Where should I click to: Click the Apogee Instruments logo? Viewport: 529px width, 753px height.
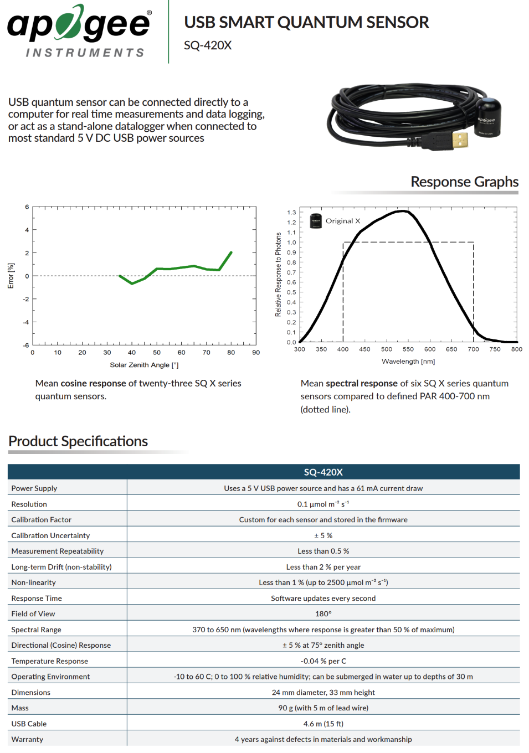coord(79,30)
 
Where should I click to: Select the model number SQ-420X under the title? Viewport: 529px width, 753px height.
coord(208,45)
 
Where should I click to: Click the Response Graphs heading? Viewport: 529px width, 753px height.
coord(464,182)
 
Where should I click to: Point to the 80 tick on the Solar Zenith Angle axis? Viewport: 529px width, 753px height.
coord(231,352)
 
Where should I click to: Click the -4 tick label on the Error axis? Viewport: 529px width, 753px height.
coord(26,322)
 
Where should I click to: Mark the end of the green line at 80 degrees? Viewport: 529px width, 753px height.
coord(231,252)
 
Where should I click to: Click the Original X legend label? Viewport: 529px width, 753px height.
coord(343,221)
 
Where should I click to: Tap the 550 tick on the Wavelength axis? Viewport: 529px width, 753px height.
coord(408,349)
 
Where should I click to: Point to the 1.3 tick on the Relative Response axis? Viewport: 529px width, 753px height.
coord(291,213)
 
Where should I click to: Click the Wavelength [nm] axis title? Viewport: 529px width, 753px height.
coord(408,362)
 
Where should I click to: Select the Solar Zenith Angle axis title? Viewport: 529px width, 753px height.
coord(144,365)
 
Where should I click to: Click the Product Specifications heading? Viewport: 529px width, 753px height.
coord(78,441)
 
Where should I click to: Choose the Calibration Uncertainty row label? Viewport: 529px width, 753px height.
coord(50,535)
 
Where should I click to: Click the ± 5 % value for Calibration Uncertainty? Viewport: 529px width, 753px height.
coord(323,535)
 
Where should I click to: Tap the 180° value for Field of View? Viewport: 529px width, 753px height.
coord(323,614)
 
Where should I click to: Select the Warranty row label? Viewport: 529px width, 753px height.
coord(27,739)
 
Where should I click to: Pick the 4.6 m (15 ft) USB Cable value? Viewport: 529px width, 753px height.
coord(323,724)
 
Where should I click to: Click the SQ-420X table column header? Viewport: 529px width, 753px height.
coord(323,472)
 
